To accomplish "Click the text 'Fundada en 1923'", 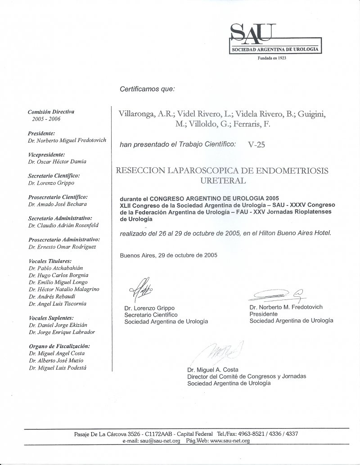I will tap(272, 58).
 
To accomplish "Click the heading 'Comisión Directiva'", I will tap(51, 111).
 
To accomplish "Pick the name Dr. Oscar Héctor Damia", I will tap(57, 161).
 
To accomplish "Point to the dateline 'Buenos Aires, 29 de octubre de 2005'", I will tap(169, 255).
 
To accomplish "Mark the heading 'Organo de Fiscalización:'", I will tap(59, 346).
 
